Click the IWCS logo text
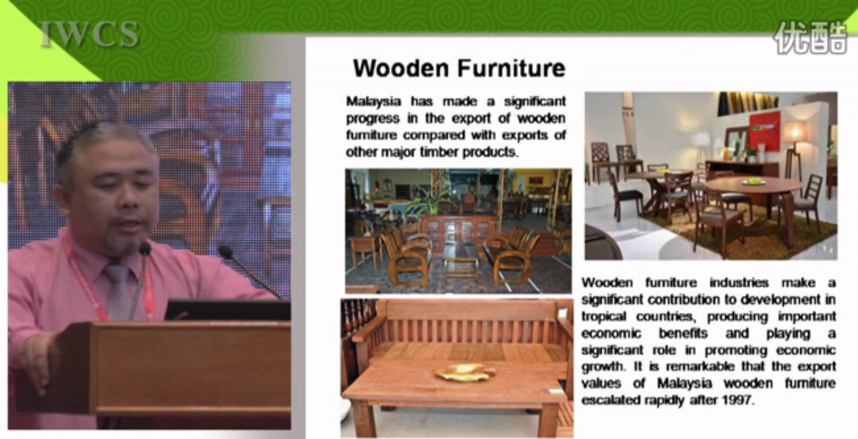tap(89, 34)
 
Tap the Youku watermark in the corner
tap(809, 37)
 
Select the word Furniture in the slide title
tap(511, 68)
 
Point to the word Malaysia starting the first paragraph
tap(374, 102)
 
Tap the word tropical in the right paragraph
tap(604, 317)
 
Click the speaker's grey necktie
tap(118, 292)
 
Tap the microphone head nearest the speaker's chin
tap(145, 249)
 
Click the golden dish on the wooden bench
tap(464, 373)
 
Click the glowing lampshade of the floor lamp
tap(795, 132)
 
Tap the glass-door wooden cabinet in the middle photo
tap(458, 235)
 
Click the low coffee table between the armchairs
tap(460, 259)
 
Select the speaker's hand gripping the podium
tap(37, 360)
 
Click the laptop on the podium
tap(228, 310)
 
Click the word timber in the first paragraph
tap(439, 152)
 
